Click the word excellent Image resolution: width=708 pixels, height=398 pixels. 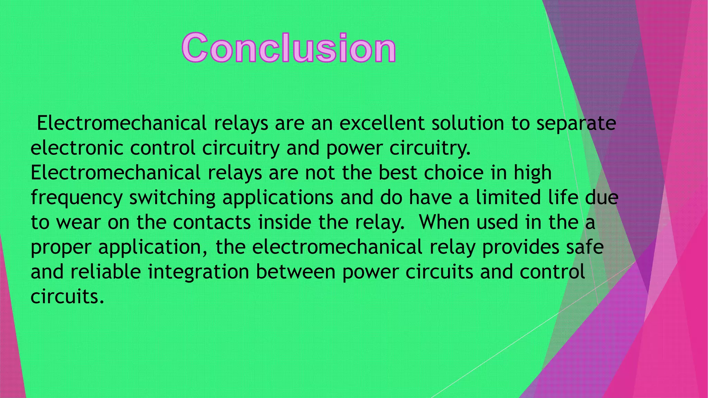tap(382, 123)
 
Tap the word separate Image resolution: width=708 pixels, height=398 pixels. tap(576, 124)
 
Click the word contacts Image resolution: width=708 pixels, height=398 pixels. tap(212, 222)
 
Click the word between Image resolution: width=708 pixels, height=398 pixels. tap(296, 272)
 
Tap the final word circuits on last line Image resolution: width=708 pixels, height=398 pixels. tap(67, 296)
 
